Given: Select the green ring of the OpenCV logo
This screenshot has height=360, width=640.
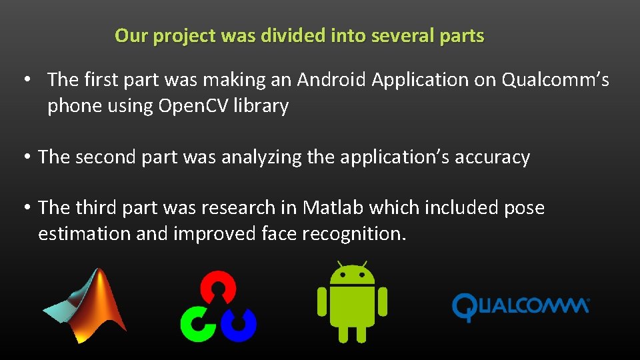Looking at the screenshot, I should (197, 323).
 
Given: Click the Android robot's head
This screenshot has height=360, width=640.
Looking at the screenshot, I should (352, 274).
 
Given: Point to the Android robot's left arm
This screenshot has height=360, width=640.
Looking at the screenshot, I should (323, 301).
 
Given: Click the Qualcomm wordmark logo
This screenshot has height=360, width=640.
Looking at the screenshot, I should (521, 307).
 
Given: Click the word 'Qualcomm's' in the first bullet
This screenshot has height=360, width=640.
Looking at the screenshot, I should (555, 80).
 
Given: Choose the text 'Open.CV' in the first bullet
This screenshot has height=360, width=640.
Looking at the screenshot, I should (193, 106).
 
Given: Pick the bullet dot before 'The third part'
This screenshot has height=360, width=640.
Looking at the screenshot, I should (25, 208).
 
